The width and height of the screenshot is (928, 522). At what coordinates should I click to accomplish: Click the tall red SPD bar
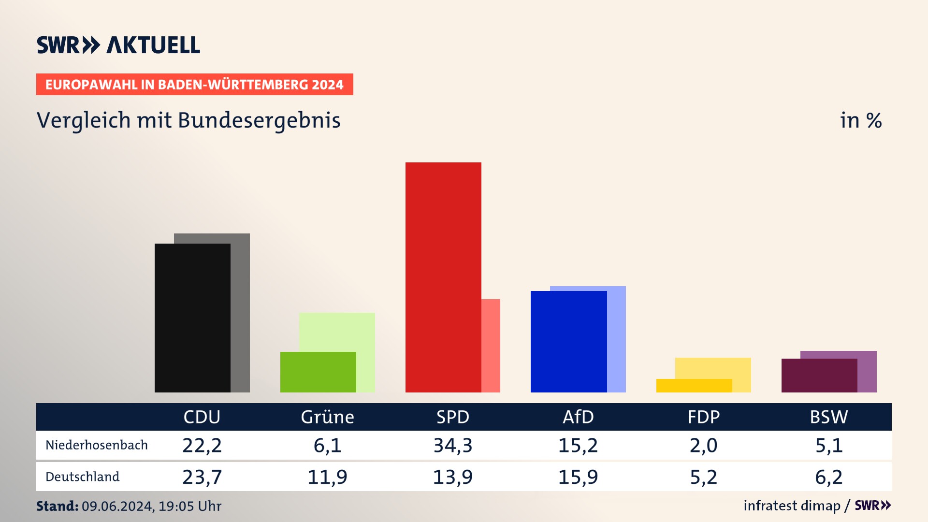click(x=443, y=277)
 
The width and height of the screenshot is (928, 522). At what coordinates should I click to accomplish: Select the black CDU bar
click(x=192, y=318)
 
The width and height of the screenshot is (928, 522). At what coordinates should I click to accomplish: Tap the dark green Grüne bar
click(x=318, y=372)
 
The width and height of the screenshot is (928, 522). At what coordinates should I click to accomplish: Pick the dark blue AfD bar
click(x=568, y=341)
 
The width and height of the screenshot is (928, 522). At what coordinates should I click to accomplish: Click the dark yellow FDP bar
click(x=694, y=386)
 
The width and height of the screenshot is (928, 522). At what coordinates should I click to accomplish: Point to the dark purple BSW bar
click(x=819, y=375)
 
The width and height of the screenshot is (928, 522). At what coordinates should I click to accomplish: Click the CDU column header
click(x=202, y=417)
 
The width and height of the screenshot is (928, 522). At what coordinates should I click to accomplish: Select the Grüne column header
click(x=327, y=417)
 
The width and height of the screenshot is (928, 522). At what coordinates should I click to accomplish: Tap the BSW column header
click(x=828, y=417)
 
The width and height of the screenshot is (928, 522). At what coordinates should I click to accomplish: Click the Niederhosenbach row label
click(x=97, y=445)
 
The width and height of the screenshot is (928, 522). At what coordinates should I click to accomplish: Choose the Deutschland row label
click(x=82, y=477)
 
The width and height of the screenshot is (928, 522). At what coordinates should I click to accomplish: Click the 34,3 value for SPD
click(x=453, y=445)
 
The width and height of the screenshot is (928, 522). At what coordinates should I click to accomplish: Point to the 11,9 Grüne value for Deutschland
click(x=327, y=477)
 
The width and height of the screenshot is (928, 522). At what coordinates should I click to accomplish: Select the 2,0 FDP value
click(x=703, y=445)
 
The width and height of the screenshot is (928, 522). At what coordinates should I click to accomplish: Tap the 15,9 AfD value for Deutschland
click(x=578, y=477)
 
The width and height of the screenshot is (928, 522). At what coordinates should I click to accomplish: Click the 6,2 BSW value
click(x=828, y=477)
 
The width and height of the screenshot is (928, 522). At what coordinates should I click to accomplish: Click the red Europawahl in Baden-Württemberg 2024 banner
click(x=194, y=85)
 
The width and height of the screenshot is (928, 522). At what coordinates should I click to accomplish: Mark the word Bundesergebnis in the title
click(x=259, y=121)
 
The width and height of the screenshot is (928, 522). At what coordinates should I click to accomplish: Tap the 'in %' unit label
click(x=861, y=121)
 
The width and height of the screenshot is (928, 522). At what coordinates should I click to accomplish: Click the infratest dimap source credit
click(x=792, y=506)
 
